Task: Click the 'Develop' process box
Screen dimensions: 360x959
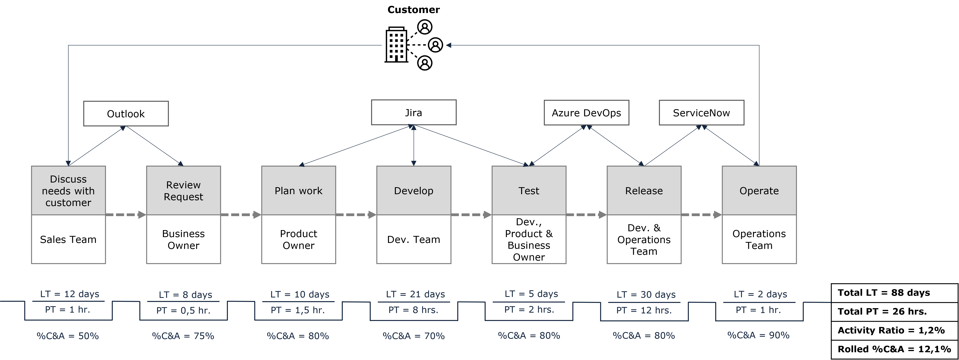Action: click(x=414, y=191)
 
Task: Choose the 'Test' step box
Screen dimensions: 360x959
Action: click(x=529, y=191)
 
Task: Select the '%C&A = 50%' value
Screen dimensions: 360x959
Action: click(x=68, y=336)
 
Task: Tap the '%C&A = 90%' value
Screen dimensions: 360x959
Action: click(x=758, y=335)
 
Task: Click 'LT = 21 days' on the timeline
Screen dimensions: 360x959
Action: click(x=416, y=294)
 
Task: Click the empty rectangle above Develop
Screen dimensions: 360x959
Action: click(x=414, y=112)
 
